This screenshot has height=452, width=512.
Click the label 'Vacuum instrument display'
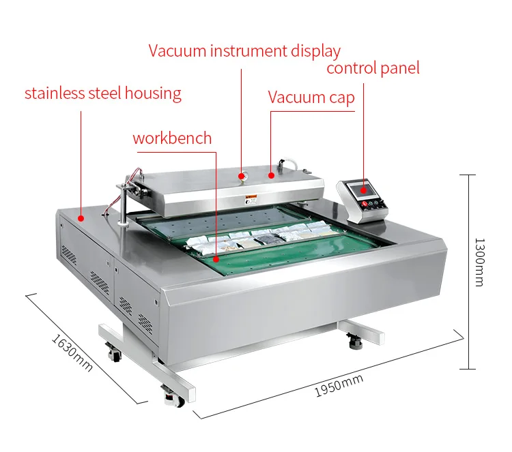244,51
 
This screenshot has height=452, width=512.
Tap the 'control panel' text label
372,68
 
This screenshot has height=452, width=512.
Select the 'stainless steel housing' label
103,93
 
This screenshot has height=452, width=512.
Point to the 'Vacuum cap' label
311,97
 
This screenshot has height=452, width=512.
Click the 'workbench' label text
172,138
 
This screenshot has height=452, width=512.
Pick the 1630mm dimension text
71,351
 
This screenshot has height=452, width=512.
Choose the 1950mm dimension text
339,387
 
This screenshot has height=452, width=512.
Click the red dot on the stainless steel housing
81,219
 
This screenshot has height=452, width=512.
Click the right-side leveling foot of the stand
355,340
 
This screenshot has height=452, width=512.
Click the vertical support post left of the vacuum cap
123,205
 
